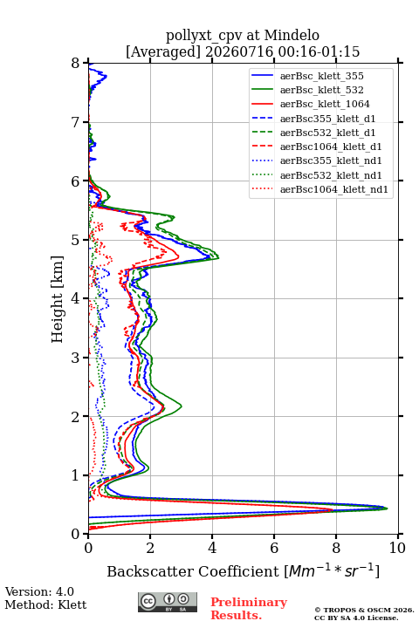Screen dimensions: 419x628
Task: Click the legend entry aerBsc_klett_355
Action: (x=321, y=76)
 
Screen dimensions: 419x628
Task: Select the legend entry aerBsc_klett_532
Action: (x=321, y=90)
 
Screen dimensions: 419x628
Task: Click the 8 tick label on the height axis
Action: (x=76, y=63)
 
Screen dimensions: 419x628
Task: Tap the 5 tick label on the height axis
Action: (x=76, y=240)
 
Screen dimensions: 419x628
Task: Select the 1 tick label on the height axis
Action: (x=76, y=475)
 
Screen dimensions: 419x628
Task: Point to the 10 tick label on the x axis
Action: (x=397, y=548)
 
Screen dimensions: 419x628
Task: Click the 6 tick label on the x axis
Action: (x=274, y=548)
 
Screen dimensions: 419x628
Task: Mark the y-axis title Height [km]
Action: (x=57, y=299)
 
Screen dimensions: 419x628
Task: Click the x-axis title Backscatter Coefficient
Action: (x=193, y=571)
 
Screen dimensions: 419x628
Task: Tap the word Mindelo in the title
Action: (x=292, y=35)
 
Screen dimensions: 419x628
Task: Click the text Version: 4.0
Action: (x=39, y=591)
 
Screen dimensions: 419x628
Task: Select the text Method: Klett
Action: (x=45, y=604)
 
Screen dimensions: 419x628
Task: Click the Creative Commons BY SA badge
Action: (x=168, y=602)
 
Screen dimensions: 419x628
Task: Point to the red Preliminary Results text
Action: (x=249, y=609)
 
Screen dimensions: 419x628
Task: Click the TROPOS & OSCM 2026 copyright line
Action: (x=365, y=610)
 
